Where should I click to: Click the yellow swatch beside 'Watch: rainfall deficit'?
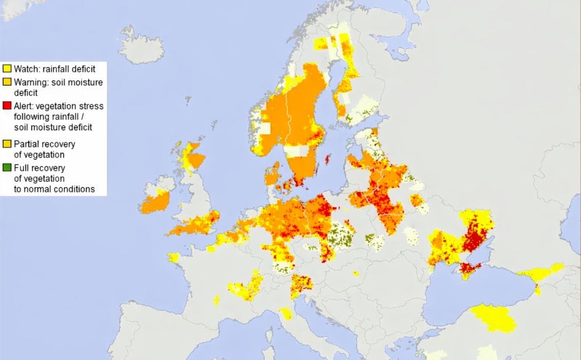pyautogui.click(x=7, y=68)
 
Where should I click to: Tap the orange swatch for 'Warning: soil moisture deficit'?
pyautogui.click(x=7, y=82)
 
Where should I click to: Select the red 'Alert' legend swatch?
pyautogui.click(x=7, y=106)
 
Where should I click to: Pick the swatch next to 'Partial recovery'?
pyautogui.click(x=7, y=144)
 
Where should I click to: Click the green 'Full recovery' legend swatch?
pyautogui.click(x=7, y=168)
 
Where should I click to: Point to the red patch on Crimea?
pyautogui.click(x=468, y=268)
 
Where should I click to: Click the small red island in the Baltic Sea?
pyautogui.click(x=328, y=159)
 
